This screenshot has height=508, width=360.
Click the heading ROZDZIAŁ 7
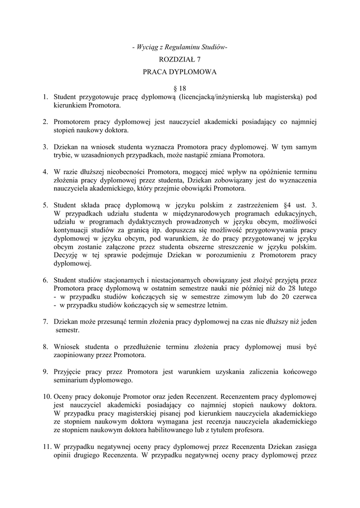(180, 60)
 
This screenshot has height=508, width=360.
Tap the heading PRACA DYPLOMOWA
(180, 72)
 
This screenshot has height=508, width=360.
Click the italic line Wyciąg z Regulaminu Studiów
(180, 47)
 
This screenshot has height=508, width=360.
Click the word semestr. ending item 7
(68, 330)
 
